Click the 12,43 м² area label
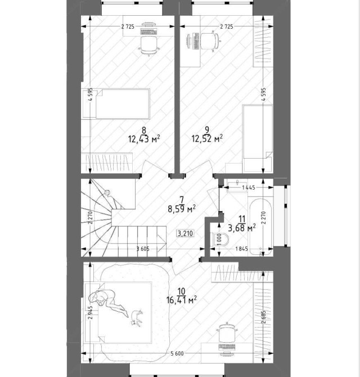pyautogui.click(x=144, y=139)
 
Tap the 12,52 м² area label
pyautogui.click(x=207, y=139)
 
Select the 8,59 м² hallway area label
pyautogui.click(x=182, y=209)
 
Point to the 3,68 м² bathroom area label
pyautogui.click(x=241, y=227)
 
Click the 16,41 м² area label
pyautogui.click(x=182, y=300)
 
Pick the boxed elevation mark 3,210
pyautogui.click(x=185, y=233)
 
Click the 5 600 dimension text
pyautogui.click(x=177, y=353)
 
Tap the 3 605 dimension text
pyautogui.click(x=143, y=249)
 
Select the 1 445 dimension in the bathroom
pyautogui.click(x=249, y=187)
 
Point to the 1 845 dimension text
pyautogui.click(x=241, y=249)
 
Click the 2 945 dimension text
pyautogui.click(x=91, y=312)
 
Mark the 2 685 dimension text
pyautogui.click(x=264, y=317)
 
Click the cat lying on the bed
pyautogui.click(x=137, y=318)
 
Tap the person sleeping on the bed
pyautogui.click(x=108, y=302)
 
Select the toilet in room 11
pyautogui.click(x=219, y=240)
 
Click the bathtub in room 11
pyautogui.click(x=261, y=227)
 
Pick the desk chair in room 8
pyautogui.click(x=148, y=46)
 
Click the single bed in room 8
pyautogui.click(x=116, y=104)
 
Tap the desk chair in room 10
pyautogui.click(x=227, y=332)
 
